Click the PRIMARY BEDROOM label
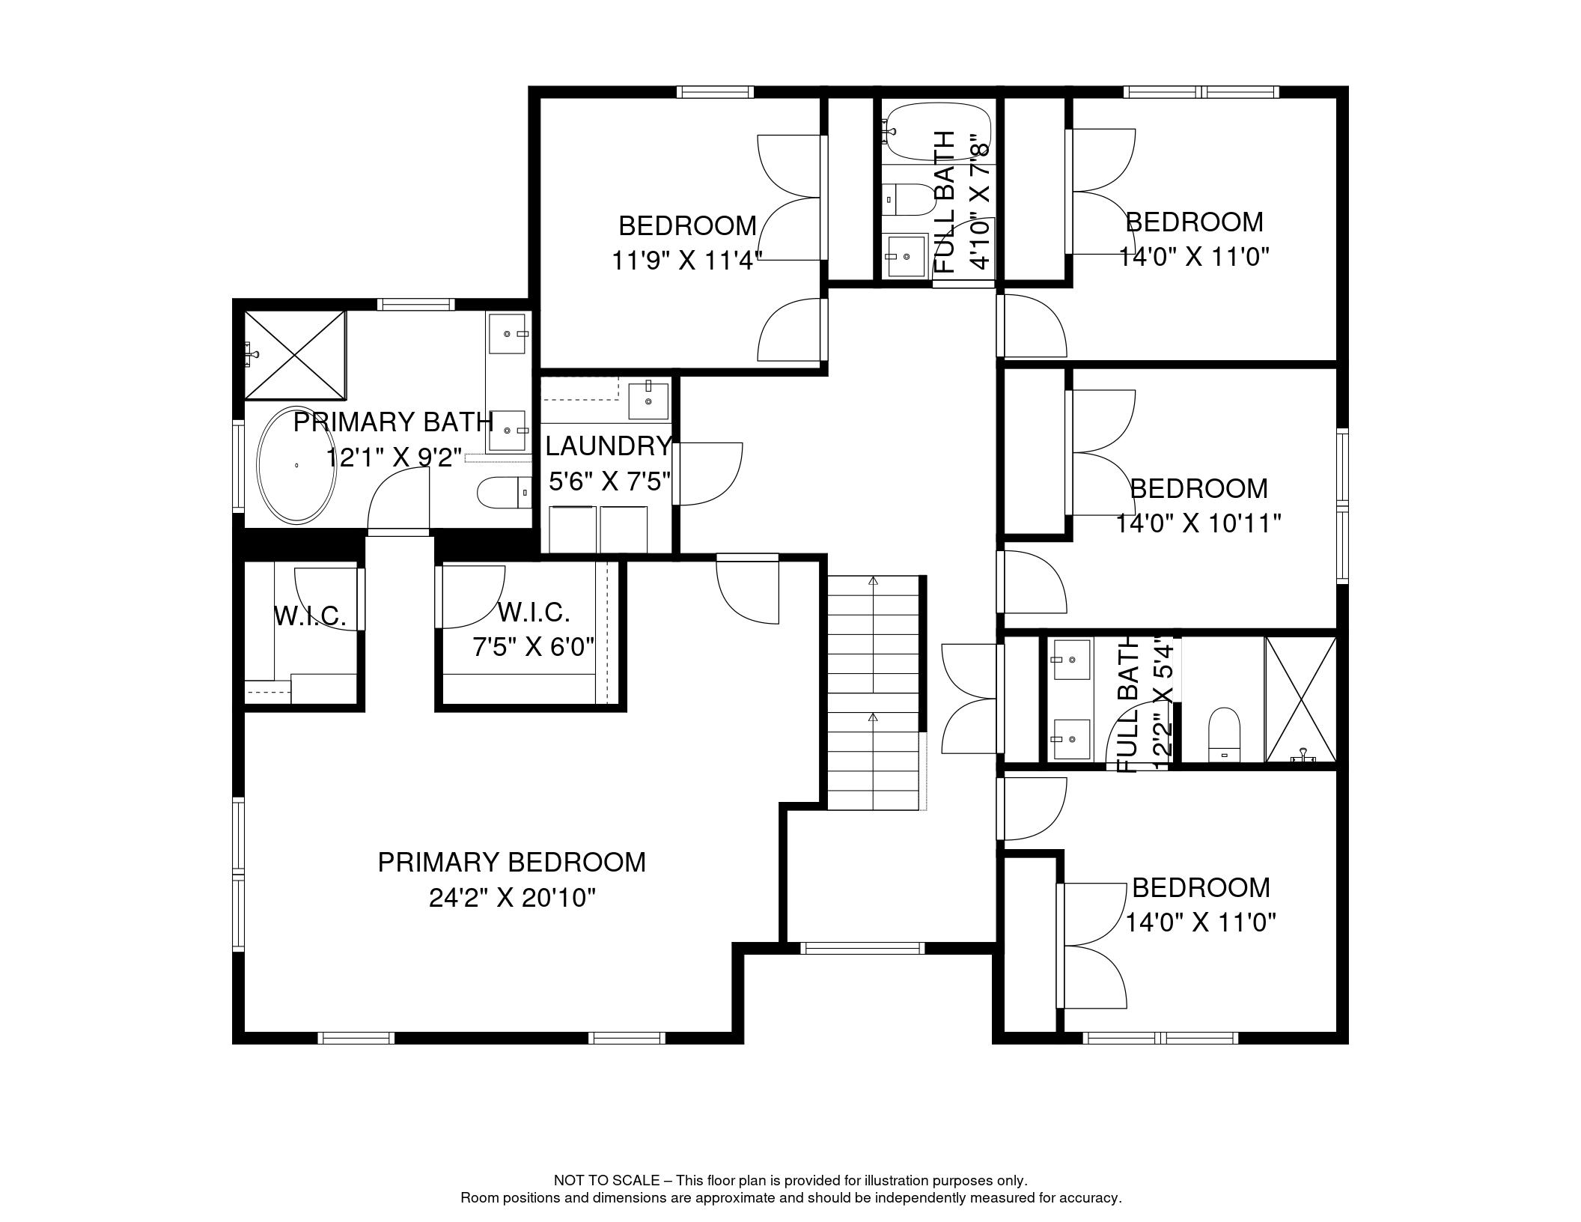click(x=511, y=863)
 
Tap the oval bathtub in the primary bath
click(x=297, y=465)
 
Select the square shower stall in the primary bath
click(x=296, y=355)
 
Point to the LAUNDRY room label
click(x=608, y=446)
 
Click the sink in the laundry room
click(x=648, y=400)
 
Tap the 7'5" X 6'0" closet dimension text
click(x=533, y=646)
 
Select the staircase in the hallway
click(x=873, y=693)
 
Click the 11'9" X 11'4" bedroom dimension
click(x=686, y=261)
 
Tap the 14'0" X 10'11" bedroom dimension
click(x=1198, y=523)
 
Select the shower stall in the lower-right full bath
click(x=1301, y=699)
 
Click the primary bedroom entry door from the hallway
click(x=748, y=588)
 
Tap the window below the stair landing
click(x=862, y=948)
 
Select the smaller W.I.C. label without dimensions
click(x=310, y=617)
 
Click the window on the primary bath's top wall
click(x=415, y=304)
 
